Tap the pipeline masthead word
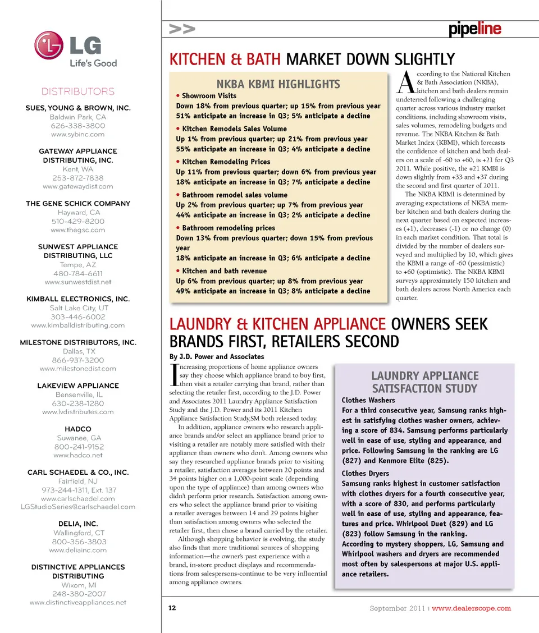(474, 29)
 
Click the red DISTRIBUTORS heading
(77, 91)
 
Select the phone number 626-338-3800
(77, 126)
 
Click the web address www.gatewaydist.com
(77, 186)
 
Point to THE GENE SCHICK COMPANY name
(77, 204)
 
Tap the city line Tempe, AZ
(77, 264)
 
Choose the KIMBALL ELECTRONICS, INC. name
(77, 299)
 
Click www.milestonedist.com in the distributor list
(77, 369)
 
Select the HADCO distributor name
(77, 429)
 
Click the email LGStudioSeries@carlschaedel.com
(77, 507)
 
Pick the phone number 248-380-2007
(77, 594)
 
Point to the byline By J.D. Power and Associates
(216, 357)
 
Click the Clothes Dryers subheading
(365, 474)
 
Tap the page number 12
(172, 608)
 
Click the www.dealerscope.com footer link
(471, 608)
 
